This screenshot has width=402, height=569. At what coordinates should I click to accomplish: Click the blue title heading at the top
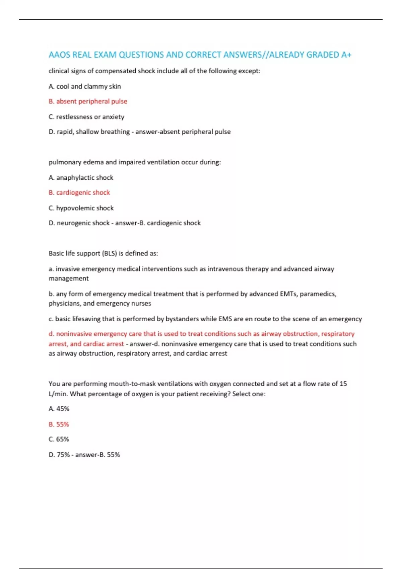(200, 55)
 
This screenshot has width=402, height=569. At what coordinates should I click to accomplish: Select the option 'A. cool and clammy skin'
(85, 86)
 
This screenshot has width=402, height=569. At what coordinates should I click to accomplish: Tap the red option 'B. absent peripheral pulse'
(88, 101)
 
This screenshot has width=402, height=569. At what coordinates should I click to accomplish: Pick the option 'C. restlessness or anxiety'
(86, 117)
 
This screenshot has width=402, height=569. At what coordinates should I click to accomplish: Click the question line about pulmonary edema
(135, 162)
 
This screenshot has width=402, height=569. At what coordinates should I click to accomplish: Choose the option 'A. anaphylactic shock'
(81, 178)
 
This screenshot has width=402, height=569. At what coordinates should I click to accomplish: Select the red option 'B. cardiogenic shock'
(79, 193)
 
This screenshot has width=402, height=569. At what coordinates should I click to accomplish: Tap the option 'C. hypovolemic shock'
(81, 208)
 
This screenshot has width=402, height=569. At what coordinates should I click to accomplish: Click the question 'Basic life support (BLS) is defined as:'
(103, 253)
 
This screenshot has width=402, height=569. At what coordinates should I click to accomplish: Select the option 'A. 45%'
(59, 409)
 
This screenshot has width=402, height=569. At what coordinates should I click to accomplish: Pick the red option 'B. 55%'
(59, 424)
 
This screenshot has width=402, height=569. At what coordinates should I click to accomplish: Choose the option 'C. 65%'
(59, 439)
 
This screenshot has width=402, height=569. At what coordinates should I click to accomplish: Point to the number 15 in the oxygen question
(343, 384)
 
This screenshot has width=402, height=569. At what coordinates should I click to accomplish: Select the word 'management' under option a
(69, 278)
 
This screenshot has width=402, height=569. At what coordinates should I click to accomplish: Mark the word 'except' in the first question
(248, 71)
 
